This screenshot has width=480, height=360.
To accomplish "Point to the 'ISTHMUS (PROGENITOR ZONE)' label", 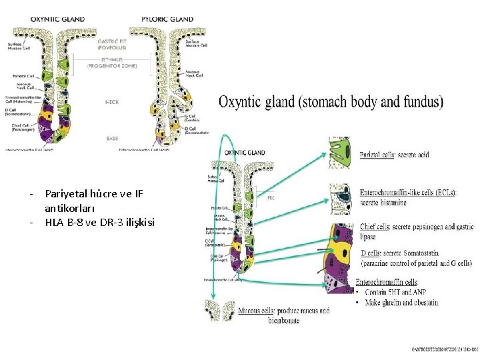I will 112,64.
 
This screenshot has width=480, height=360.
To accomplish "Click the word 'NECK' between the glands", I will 112,102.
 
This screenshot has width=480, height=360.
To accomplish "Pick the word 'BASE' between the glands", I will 112,139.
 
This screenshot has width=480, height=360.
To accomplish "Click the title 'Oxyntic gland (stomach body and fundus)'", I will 331,102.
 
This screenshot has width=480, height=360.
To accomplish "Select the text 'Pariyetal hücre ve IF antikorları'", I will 93,201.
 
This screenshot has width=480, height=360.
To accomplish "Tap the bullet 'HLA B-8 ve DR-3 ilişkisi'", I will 99,222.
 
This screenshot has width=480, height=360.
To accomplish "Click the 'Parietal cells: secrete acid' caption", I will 394,155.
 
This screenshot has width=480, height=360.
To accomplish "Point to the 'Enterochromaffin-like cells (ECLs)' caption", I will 407,193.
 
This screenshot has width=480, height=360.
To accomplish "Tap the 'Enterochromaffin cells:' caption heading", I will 387,283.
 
